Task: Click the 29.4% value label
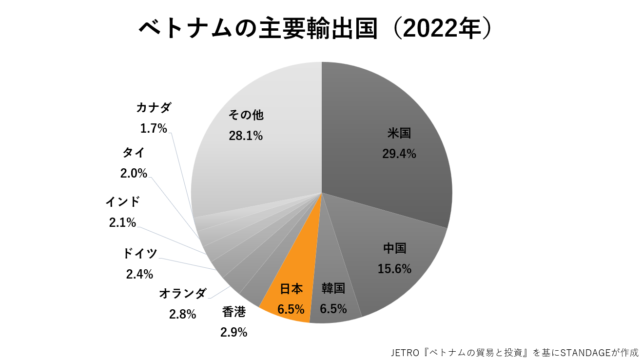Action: click(x=399, y=154)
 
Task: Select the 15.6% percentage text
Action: click(x=394, y=269)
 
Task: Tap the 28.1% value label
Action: click(x=246, y=136)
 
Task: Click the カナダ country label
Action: click(x=154, y=108)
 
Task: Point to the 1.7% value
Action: click(x=154, y=129)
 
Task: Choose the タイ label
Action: click(x=134, y=152)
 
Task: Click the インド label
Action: click(x=122, y=201)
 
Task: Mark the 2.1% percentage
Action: click(x=122, y=223)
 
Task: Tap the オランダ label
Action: click(x=183, y=293)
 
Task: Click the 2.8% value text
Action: click(x=183, y=315)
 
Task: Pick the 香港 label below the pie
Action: click(x=233, y=312)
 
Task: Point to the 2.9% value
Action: click(x=233, y=333)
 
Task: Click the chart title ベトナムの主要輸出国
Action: click(x=258, y=29)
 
